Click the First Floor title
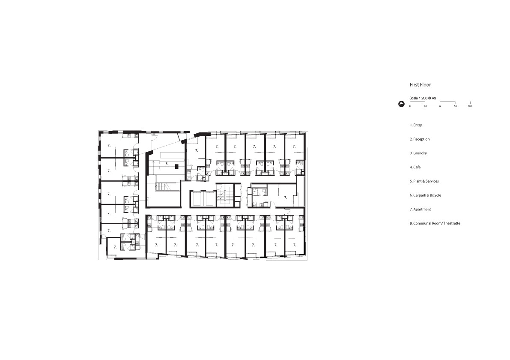[x=420, y=84]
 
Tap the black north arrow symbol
[x=402, y=104]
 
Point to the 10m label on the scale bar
[x=470, y=106]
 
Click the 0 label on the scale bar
[x=410, y=106]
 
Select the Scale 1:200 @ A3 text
[x=423, y=98]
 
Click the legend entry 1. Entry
[x=416, y=125]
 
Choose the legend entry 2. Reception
[x=420, y=139]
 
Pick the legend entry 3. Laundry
[x=418, y=153]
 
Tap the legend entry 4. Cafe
[x=415, y=167]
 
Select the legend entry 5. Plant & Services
[x=424, y=181]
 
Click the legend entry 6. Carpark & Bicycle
[x=426, y=195]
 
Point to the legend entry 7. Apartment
[x=420, y=209]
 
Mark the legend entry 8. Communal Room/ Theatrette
[x=435, y=223]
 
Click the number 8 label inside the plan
[x=167, y=164]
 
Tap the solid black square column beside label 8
[x=176, y=166]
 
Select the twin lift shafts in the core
[x=203, y=198]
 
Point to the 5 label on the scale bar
[x=440, y=106]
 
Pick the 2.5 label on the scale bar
[x=425, y=106]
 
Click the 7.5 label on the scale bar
[x=455, y=106]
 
